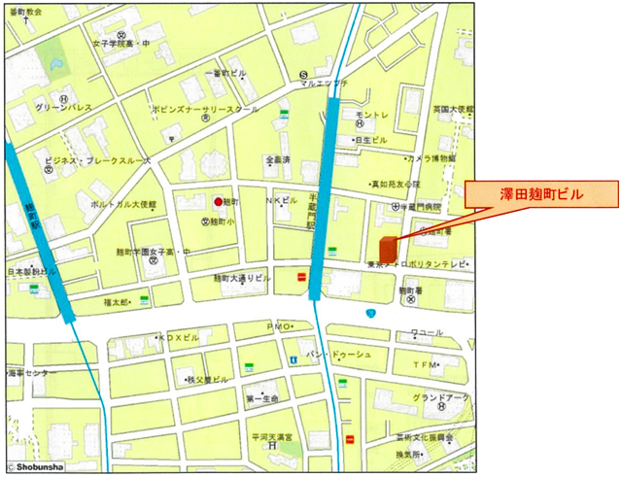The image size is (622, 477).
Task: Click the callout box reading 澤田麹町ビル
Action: [541, 195]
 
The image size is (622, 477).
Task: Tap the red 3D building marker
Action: [389, 247]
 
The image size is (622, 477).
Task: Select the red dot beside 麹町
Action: [218, 201]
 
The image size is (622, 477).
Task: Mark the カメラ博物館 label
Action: [431, 157]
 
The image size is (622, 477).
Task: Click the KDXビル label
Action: [179, 337]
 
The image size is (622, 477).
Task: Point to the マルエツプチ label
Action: [324, 84]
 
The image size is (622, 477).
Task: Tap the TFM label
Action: [425, 364]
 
